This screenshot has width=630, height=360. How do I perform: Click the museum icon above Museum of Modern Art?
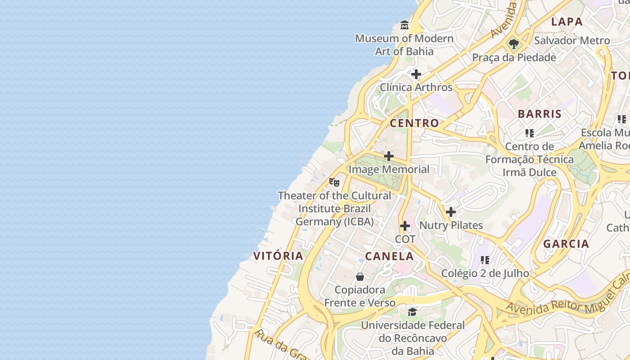coord(405,25)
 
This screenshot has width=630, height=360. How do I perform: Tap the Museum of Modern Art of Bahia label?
coord(404,45)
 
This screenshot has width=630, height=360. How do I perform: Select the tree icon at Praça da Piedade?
coord(514,45)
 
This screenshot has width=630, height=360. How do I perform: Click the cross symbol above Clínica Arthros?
coord(416,74)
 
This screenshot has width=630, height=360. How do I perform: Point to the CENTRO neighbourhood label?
coord(414,123)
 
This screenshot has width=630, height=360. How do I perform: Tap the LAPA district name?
coord(567,22)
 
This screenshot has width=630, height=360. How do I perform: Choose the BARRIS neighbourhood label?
coord(540,114)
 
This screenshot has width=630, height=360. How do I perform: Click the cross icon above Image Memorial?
coord(389,156)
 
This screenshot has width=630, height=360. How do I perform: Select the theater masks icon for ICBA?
coord(334,182)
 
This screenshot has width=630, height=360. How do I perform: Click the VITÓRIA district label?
coord(278,256)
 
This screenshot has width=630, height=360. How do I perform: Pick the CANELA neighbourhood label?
coord(389,256)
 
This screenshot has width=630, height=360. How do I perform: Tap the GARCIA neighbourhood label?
coord(566,244)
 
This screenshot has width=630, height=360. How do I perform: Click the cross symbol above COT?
coord(405,226)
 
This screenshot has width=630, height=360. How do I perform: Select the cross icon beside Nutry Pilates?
coord(450,212)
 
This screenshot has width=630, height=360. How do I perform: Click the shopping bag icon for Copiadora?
coord(360,277)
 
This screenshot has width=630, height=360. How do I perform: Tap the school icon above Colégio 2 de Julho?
coord(485,260)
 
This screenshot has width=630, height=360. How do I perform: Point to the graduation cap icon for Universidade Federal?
coord(412,312)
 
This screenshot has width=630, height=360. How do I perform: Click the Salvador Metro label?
coord(571,40)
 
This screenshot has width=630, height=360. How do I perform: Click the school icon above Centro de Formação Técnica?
coord(530,133)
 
